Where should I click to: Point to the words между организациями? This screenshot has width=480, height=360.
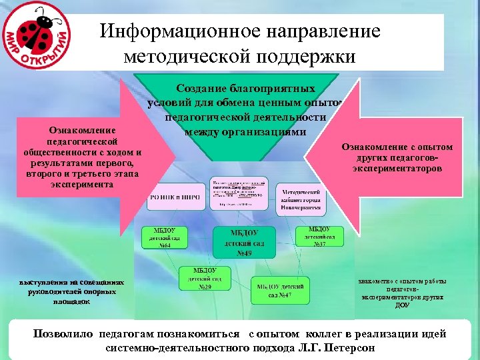click(x=245, y=131)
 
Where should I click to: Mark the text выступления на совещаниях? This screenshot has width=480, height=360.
click(x=72, y=283)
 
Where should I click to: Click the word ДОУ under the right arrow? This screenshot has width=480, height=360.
click(x=402, y=305)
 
